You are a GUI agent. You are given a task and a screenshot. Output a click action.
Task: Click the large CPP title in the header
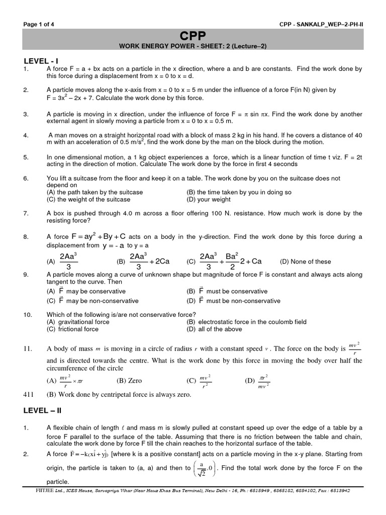click(193, 36)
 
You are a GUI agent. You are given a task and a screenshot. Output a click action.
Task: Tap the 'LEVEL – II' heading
click(42, 410)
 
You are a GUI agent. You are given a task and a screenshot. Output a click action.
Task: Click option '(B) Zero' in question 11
click(129, 381)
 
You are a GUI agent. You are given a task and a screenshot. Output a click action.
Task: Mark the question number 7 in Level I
click(26, 213)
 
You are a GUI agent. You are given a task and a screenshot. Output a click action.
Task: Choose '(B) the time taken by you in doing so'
click(239, 192)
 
